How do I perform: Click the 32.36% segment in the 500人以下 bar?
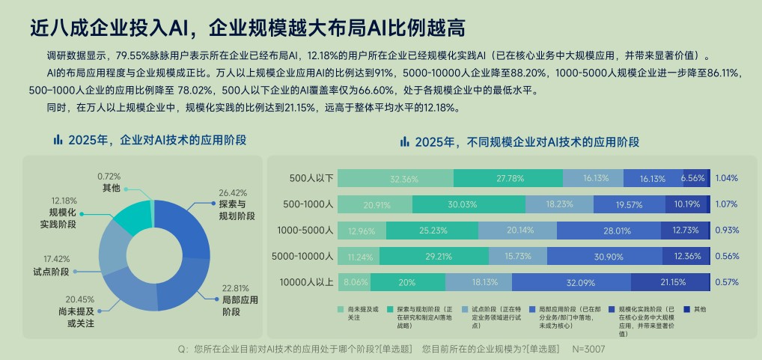click(395, 178)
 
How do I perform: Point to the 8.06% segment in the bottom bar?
click(354, 282)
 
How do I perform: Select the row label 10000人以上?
click(305, 282)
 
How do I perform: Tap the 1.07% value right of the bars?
click(726, 204)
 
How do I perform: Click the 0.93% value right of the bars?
click(726, 231)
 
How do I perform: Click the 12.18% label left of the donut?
click(64, 201)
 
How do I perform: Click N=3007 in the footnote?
click(588, 349)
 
